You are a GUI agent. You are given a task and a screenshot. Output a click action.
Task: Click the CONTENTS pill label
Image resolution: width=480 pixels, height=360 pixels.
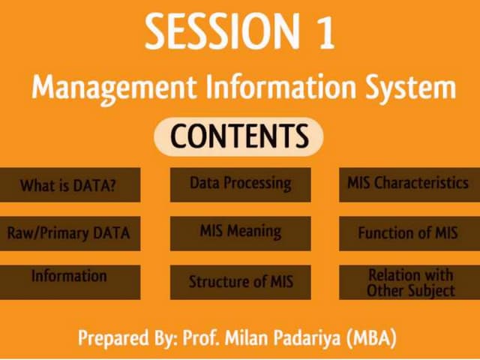tap(238, 136)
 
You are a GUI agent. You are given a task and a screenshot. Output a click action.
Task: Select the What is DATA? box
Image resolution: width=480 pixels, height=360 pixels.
tap(69, 184)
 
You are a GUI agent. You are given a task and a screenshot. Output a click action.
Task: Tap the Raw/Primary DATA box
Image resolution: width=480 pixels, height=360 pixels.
tap(69, 233)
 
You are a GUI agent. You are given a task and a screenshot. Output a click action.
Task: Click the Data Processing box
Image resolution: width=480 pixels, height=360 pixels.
tap(240, 184)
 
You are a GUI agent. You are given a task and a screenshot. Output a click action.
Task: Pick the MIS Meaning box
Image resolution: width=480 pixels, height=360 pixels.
tap(240, 233)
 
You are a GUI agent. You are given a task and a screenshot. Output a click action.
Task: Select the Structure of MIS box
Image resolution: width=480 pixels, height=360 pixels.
tap(240, 282)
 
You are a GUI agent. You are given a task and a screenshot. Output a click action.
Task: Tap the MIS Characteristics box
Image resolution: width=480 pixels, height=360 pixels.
tap(408, 184)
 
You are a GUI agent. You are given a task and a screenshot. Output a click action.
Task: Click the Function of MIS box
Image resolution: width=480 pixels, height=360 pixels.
tap(408, 233)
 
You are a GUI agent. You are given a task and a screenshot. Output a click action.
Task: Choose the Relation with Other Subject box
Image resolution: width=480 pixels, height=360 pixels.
tap(408, 282)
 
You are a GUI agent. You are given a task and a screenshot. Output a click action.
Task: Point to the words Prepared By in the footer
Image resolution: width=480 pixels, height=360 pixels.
tap(127, 338)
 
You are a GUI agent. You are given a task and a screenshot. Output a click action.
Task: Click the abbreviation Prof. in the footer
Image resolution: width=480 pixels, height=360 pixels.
tap(202, 337)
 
